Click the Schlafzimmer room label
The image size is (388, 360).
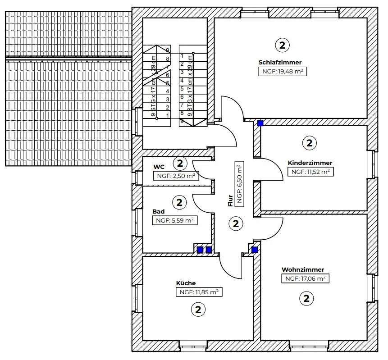pos(280,62)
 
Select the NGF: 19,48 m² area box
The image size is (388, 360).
pos(283,72)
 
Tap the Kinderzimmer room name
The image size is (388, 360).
pos(310,163)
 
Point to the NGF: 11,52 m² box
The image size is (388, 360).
pos(310,172)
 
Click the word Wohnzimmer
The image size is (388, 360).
pos(303,269)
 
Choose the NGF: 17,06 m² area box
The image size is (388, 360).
pos(306,278)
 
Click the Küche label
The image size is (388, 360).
pos(186,283)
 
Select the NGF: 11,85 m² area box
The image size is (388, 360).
pos(199,292)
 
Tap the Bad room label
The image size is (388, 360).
pos(158,212)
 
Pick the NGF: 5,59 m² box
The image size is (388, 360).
pos(175,220)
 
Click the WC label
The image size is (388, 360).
pos(159,167)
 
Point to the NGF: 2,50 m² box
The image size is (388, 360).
pos(176,176)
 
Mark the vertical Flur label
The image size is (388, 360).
pos(230,201)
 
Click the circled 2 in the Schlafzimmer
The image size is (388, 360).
pos(282,45)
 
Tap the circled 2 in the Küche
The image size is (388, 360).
pos(198,310)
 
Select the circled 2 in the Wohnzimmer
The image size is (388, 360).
pos(306,298)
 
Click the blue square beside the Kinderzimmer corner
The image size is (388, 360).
pos(260,123)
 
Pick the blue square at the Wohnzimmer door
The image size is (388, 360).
pos(254,250)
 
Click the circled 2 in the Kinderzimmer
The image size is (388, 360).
pos(309,143)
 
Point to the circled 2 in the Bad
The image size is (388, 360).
pos(179,203)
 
